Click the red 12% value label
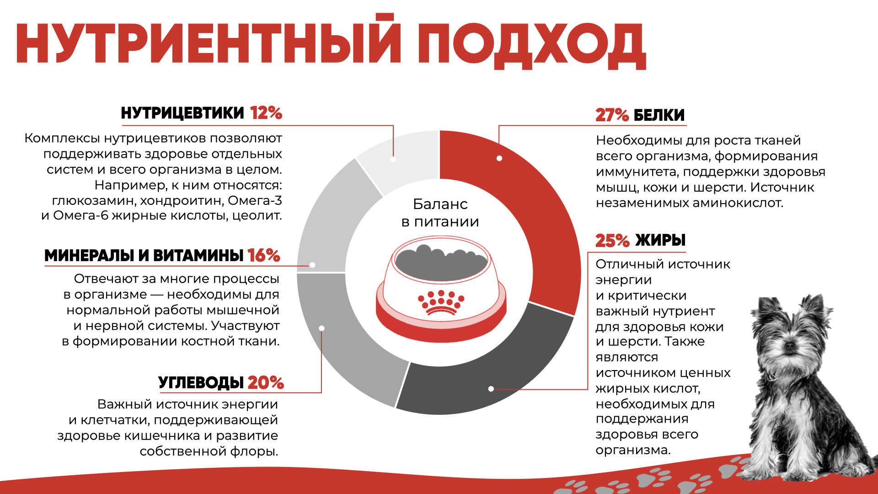click(x=266, y=113)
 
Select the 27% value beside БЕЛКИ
click(x=612, y=115)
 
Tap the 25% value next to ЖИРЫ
click(x=612, y=241)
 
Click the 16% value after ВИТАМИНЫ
click(x=264, y=256)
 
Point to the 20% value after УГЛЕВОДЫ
click(x=266, y=383)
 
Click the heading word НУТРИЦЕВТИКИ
click(x=182, y=113)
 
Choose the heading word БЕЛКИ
click(x=659, y=115)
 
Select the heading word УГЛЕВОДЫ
click(x=201, y=383)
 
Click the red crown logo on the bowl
click(x=441, y=302)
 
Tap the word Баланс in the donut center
click(x=440, y=204)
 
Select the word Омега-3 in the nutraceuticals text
click(x=255, y=200)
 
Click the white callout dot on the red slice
click(x=499, y=158)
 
